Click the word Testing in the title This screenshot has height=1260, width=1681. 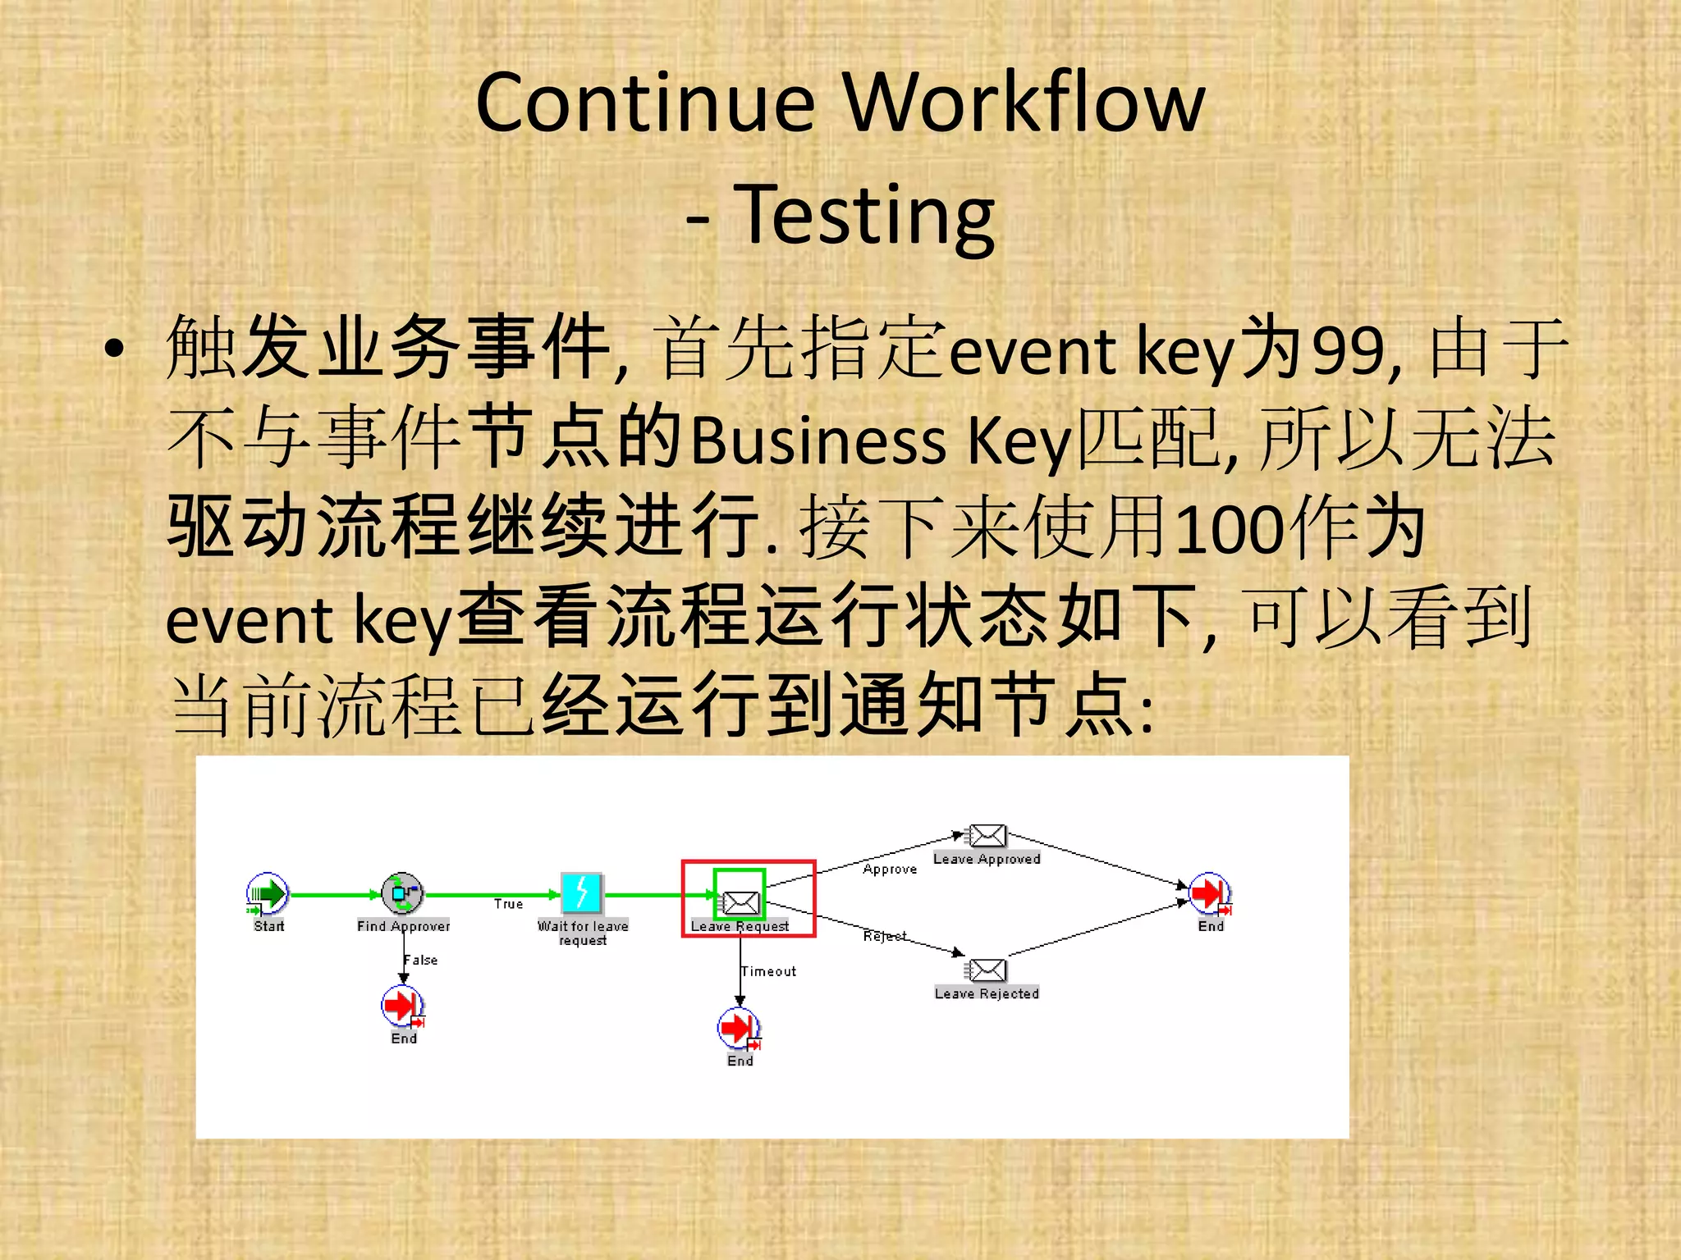(x=863, y=215)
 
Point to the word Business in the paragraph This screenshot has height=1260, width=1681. (x=818, y=441)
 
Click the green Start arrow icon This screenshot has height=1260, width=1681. (x=268, y=893)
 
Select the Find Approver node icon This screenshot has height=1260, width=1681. (x=402, y=893)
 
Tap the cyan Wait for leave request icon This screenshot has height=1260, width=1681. (x=582, y=893)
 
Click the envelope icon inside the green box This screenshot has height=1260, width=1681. (x=740, y=902)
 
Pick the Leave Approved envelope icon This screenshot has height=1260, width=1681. (x=987, y=836)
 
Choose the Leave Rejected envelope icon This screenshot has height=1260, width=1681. (x=987, y=970)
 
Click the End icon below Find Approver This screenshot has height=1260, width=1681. (x=402, y=1006)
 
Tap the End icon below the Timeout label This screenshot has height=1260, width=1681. (x=739, y=1028)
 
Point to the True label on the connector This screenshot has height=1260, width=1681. (x=508, y=904)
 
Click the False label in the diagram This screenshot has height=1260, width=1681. (x=421, y=960)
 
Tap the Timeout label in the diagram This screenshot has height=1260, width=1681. (x=769, y=971)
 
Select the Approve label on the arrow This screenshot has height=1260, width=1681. (x=890, y=869)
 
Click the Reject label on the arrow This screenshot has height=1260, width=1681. (x=885, y=936)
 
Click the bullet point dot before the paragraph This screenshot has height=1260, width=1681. (x=114, y=349)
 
